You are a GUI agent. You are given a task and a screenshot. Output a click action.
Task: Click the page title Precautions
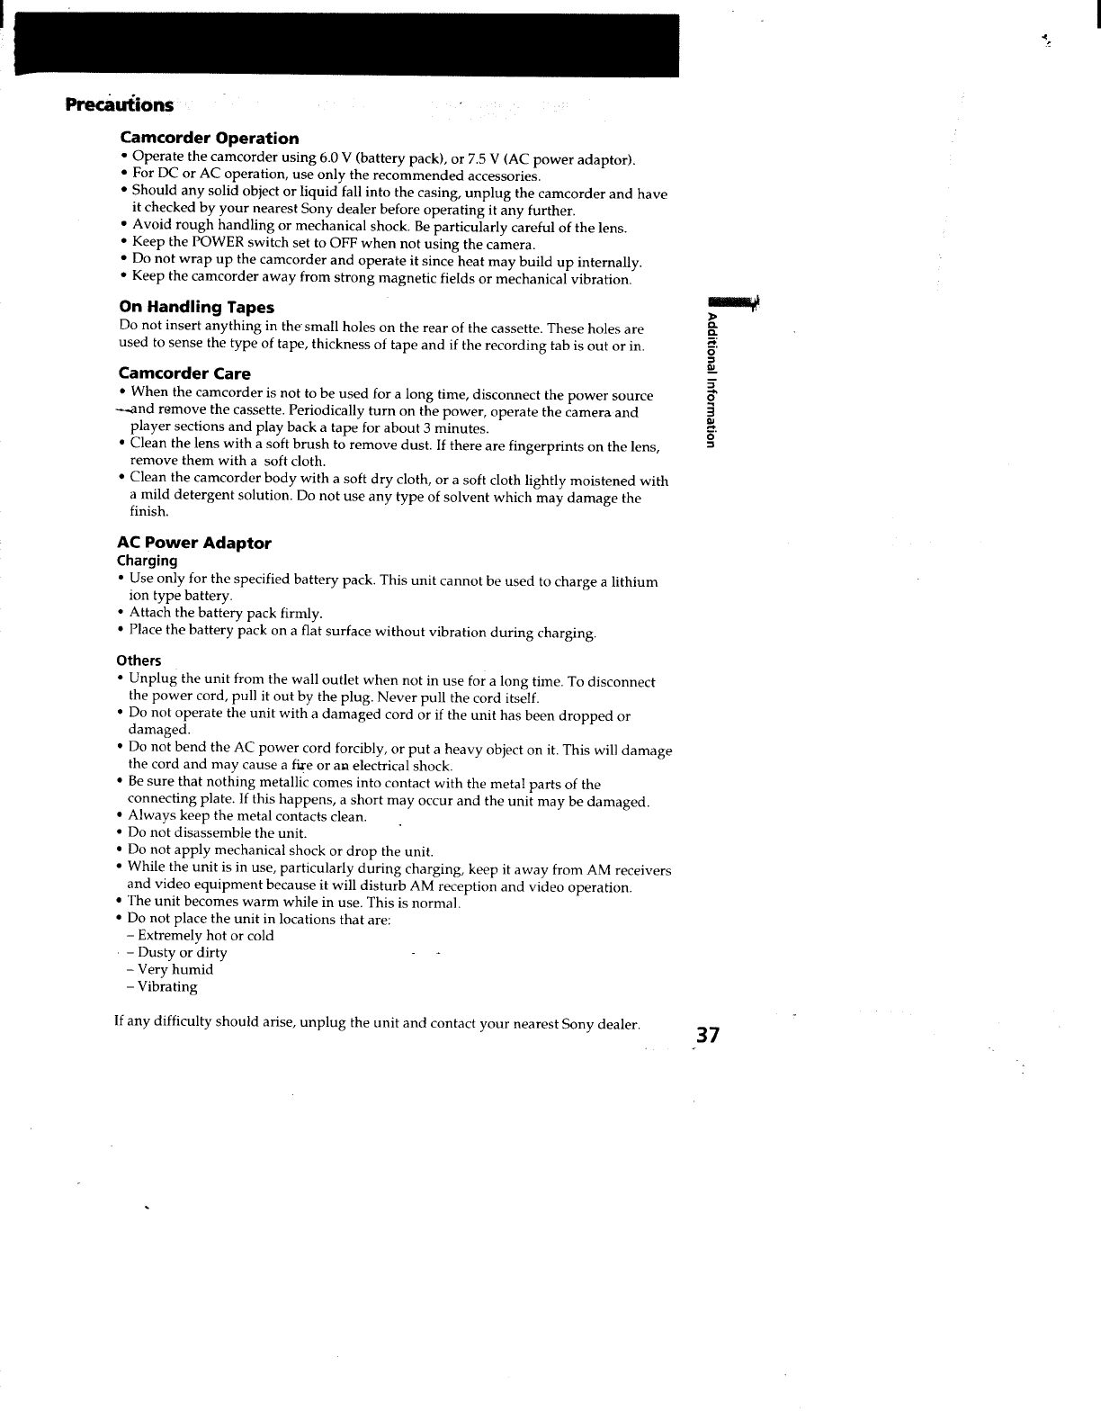(x=119, y=104)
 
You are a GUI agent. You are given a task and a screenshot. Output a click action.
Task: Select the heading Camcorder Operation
(x=210, y=139)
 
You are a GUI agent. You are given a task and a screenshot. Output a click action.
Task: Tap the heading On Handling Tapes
(x=196, y=308)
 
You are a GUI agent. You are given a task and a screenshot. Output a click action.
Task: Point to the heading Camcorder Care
(x=184, y=373)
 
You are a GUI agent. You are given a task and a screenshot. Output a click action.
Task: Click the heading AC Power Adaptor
(x=193, y=543)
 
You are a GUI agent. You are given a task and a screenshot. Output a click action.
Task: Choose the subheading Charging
(x=148, y=561)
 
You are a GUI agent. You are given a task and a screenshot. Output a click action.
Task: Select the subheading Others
(x=139, y=661)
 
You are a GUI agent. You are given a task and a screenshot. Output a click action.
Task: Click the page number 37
(x=707, y=1036)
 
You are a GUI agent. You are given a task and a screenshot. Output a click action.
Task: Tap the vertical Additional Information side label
(x=712, y=381)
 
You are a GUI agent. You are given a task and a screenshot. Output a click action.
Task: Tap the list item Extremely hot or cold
(x=205, y=936)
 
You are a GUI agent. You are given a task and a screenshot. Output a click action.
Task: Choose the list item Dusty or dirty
(x=182, y=953)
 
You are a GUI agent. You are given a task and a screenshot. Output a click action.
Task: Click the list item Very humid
(x=175, y=970)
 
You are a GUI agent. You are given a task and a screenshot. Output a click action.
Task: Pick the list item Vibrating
(x=166, y=987)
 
